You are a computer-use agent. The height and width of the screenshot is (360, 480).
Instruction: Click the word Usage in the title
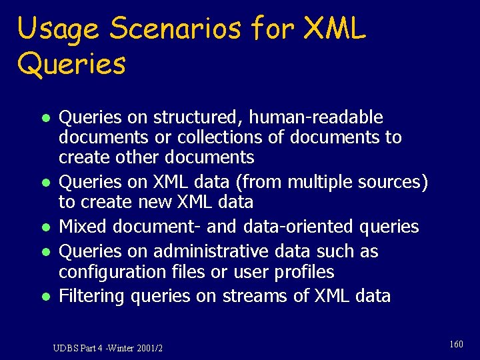[57, 30]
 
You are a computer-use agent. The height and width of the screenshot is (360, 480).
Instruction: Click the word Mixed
[83, 227]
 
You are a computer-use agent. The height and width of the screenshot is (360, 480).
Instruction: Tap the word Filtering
[92, 296]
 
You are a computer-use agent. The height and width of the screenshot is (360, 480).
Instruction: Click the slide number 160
[456, 345]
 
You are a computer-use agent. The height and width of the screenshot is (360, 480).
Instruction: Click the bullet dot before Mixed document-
[42, 228]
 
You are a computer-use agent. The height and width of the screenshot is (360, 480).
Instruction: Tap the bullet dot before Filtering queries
[42, 297]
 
